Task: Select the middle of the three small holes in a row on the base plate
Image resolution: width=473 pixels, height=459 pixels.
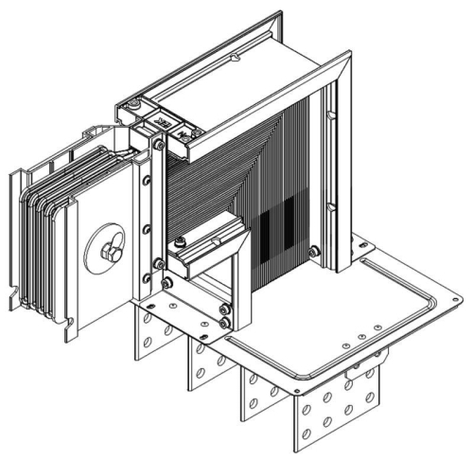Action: click(362, 334)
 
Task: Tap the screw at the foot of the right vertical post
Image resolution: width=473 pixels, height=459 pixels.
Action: click(314, 251)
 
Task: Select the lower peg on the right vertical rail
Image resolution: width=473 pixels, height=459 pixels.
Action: click(333, 213)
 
